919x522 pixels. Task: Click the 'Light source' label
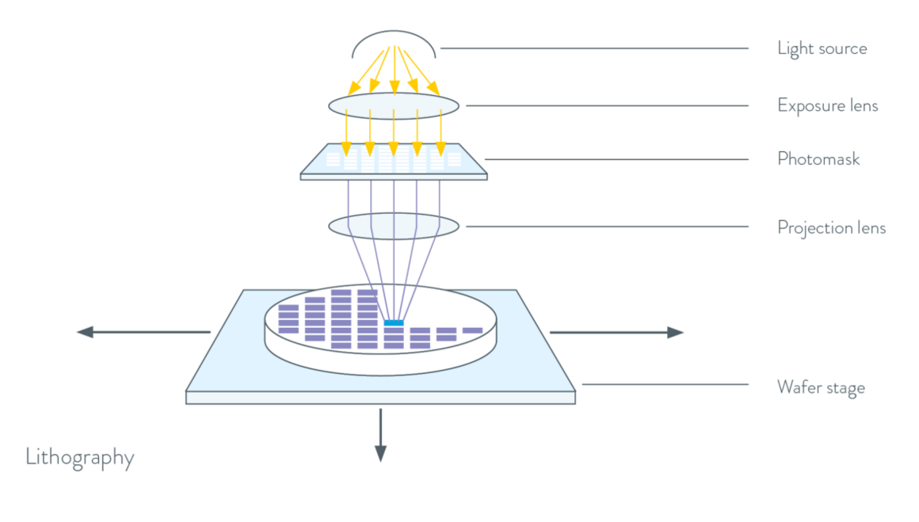coord(822,48)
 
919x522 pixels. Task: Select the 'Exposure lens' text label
coord(827,105)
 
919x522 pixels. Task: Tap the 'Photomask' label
coord(818,159)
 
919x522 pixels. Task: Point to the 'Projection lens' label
coord(831,228)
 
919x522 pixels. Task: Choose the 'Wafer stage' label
coord(821,387)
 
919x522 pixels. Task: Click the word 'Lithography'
coord(80,457)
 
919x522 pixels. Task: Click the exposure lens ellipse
coord(394,105)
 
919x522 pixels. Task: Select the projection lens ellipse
coord(394,227)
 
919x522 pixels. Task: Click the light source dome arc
coord(394,32)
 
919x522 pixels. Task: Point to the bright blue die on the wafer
coord(394,322)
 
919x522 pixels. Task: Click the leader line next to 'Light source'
coord(594,48)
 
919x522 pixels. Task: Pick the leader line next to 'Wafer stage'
coord(665,385)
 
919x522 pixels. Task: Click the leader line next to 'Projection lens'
coord(607,227)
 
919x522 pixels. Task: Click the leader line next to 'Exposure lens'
coord(607,105)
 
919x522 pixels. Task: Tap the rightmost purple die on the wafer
coord(472,330)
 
